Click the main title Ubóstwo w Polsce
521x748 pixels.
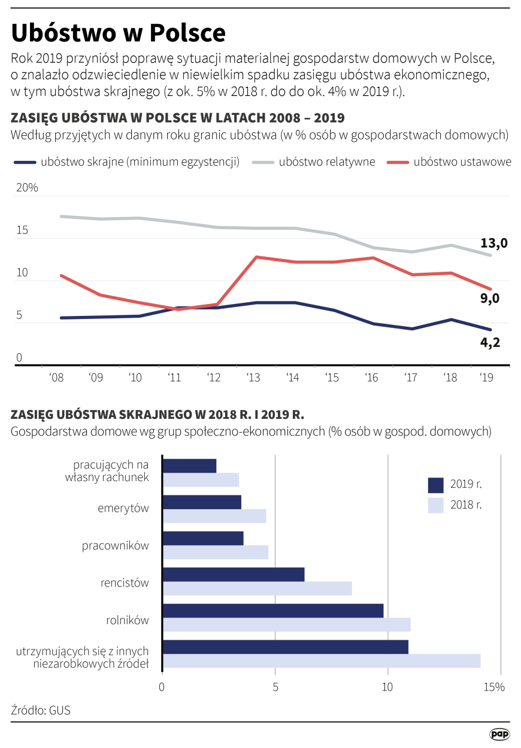[x=118, y=32]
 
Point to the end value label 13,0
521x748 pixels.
[x=493, y=243]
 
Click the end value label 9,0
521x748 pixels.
[x=489, y=298]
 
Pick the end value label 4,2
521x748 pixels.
[x=490, y=342]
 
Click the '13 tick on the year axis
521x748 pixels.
[x=253, y=378]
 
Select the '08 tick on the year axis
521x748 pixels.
[x=57, y=378]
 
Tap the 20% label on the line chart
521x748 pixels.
[x=27, y=188]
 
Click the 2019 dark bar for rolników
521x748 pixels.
[x=272, y=610]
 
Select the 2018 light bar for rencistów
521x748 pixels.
[x=257, y=589]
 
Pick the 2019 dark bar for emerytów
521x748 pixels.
[x=202, y=502]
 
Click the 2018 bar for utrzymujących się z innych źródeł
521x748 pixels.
[x=321, y=661]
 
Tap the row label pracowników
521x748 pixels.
[x=115, y=546]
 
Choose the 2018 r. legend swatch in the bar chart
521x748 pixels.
[x=435, y=505]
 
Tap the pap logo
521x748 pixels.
[x=499, y=734]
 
